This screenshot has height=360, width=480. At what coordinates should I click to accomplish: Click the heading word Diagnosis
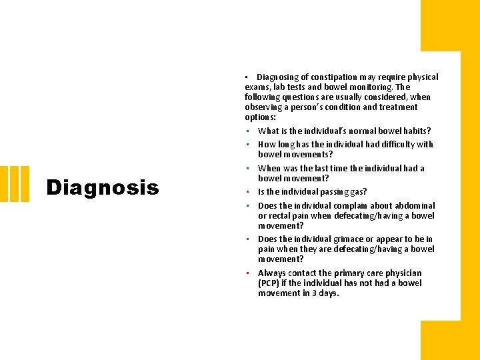[x=103, y=187]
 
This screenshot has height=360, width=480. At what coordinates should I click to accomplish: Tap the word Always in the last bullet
[x=271, y=273]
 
